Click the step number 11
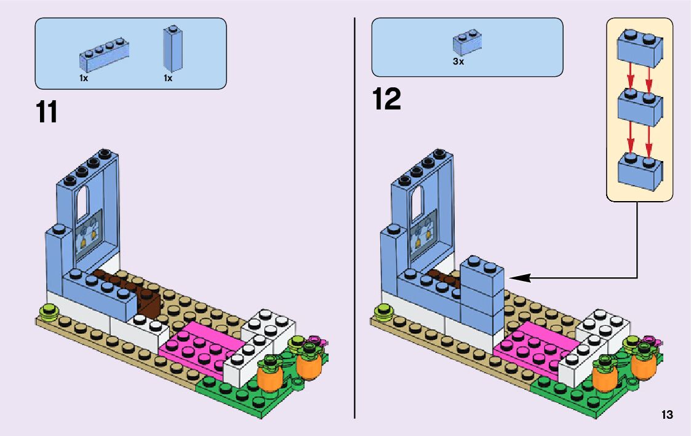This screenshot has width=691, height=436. coord(47,112)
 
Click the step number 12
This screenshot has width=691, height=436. coord(386,100)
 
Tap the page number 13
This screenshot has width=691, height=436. coord(667,415)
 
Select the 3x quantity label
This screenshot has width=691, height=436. coord(458,62)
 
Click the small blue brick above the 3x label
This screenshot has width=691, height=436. coord(467,42)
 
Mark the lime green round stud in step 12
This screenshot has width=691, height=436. coord(383,309)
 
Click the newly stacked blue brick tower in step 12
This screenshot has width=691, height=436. coord(482,295)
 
